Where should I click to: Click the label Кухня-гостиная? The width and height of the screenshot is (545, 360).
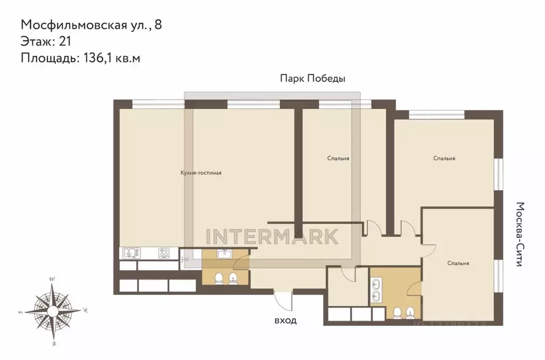pos(200,173)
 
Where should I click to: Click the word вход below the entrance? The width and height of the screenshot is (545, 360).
pos(285,321)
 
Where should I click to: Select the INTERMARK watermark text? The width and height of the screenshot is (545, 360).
pos(272,236)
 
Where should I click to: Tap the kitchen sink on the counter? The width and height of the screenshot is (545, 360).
pos(131,253)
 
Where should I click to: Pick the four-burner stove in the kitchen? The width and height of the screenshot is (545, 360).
pos(165,253)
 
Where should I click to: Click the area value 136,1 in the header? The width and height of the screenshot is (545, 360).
pos(96,58)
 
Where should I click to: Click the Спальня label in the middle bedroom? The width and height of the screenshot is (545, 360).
pos(338,158)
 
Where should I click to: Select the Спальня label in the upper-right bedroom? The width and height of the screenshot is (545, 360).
pos(444,158)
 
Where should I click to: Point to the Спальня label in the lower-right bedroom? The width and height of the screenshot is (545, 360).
pos(458,263)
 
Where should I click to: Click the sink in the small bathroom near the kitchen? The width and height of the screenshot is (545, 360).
pos(223,255)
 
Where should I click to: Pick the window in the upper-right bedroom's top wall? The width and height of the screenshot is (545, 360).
pos(437,113)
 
